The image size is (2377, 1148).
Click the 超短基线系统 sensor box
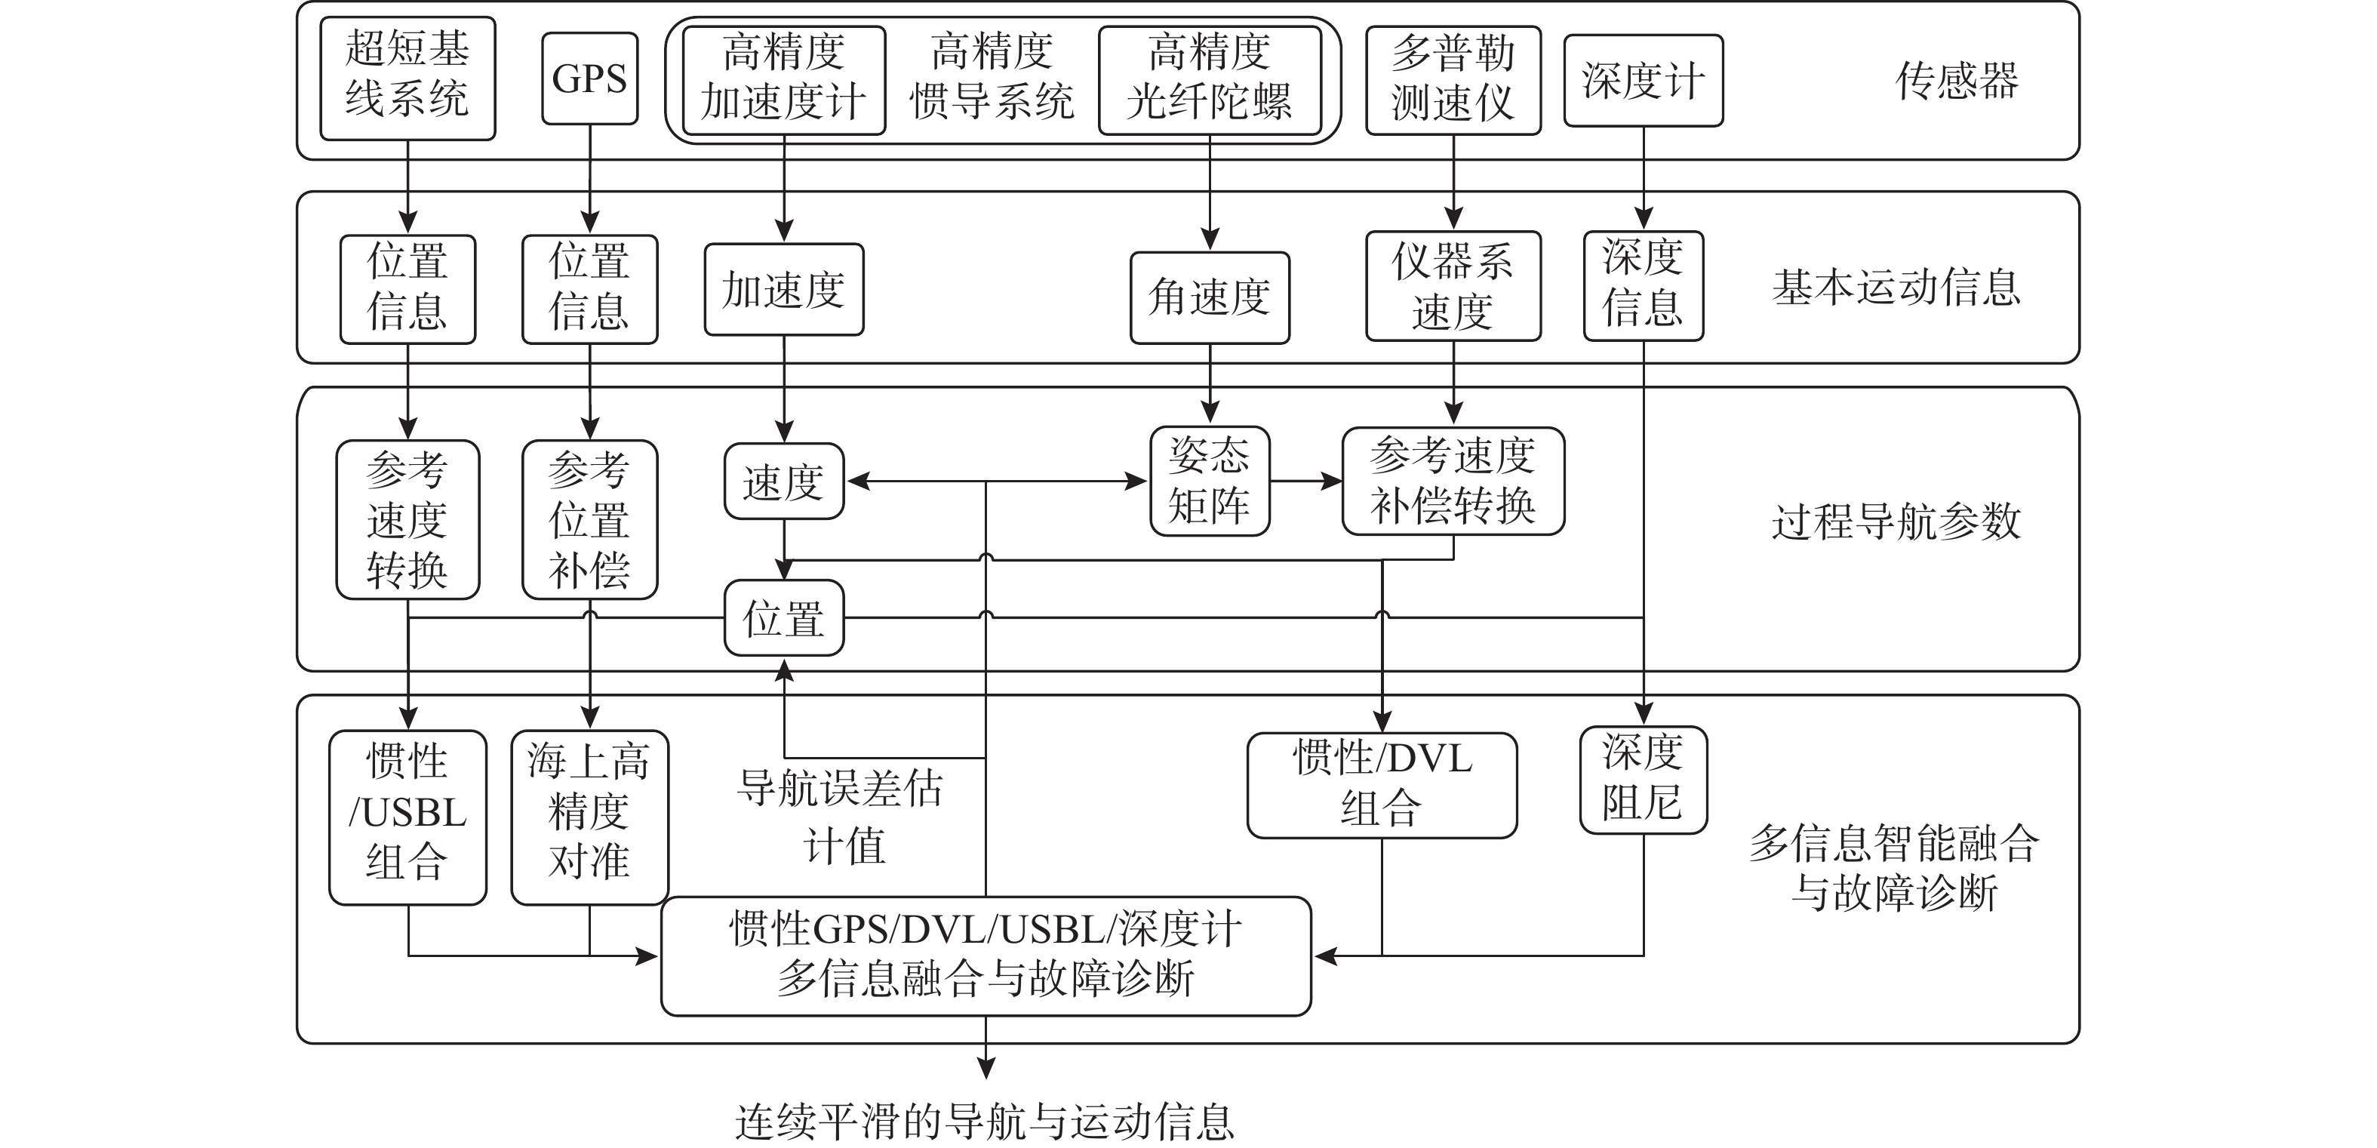(407, 78)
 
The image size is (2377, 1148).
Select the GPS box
(589, 78)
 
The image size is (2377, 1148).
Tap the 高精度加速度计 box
(783, 80)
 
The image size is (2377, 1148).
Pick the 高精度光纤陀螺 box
(1210, 80)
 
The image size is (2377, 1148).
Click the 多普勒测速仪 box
(1453, 80)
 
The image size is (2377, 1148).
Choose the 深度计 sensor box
(1644, 80)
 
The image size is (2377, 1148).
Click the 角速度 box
(1210, 298)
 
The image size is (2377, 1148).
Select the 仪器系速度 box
(1453, 286)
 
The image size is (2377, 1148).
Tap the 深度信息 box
(1644, 286)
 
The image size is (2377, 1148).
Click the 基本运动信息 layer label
(1896, 288)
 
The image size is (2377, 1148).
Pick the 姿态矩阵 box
(1210, 481)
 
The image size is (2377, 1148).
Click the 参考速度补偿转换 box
(1453, 481)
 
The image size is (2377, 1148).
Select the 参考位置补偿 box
(589, 519)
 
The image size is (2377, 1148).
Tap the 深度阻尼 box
(1644, 780)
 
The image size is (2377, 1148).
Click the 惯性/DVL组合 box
(1382, 785)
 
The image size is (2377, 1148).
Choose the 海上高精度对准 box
(589, 817)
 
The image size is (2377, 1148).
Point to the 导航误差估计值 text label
(841, 817)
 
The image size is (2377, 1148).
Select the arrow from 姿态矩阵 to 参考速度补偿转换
(1305, 481)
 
